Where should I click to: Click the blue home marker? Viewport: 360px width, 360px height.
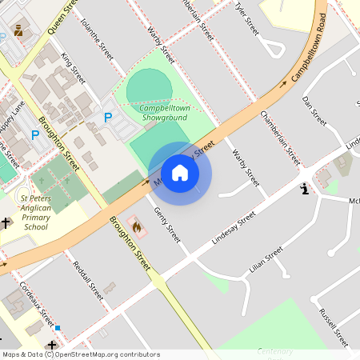180,173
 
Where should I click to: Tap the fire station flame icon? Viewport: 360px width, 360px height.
136,228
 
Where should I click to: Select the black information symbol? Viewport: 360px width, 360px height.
304,190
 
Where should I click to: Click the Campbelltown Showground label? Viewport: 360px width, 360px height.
163,113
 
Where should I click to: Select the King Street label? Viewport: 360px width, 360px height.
73,70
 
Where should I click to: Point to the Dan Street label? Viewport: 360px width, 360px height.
314,110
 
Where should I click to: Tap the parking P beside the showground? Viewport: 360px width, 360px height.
108,118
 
